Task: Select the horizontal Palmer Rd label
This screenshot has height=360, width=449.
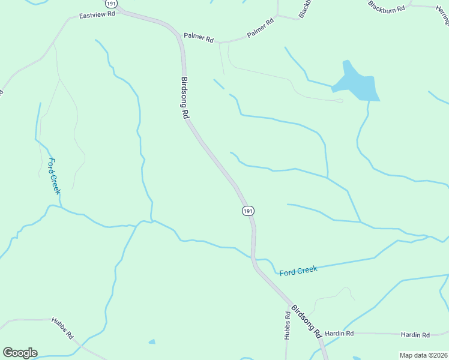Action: click(199, 39)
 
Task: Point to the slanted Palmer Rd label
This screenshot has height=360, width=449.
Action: click(261, 28)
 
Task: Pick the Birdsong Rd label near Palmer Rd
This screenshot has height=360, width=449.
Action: click(185, 98)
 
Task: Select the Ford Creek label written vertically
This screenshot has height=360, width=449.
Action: click(54, 176)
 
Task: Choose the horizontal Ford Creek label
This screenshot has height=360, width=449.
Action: click(298, 271)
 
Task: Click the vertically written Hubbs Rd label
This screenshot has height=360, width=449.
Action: click(288, 325)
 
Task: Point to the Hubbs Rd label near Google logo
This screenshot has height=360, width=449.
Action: click(62, 328)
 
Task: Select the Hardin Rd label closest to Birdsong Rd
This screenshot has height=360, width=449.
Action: click(340, 333)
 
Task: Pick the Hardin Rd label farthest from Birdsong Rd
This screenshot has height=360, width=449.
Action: click(415, 335)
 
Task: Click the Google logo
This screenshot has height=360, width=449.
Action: click(20, 353)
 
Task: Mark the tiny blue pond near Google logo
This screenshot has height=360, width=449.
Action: click(152, 342)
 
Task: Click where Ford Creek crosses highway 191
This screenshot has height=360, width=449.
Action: click(253, 258)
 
